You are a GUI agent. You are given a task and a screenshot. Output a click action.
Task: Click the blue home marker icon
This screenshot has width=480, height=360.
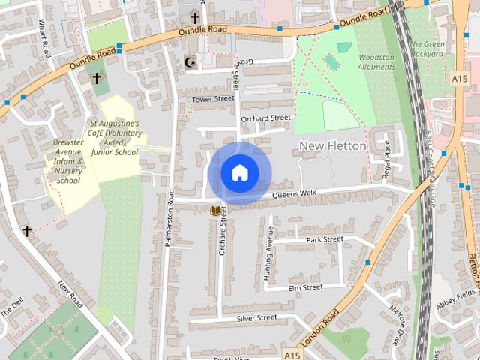pos(239,173)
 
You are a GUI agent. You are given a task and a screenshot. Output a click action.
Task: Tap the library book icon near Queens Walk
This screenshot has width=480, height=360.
pos(217,211)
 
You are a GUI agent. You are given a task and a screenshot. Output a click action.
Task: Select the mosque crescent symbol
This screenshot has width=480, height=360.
pos(188,63)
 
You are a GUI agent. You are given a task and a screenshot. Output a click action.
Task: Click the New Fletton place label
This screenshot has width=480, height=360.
pos(333,145)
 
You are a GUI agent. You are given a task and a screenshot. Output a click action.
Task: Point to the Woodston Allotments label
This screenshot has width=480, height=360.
pos(376,61)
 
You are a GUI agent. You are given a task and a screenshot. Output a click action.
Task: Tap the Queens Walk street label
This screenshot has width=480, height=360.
pos(295,194)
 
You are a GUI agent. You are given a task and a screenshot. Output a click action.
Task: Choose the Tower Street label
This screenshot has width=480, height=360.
pos(213,99)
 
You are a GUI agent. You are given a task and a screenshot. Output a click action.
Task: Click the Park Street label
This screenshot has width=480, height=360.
pos(325,240)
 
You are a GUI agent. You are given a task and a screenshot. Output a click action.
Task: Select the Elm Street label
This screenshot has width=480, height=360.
pos(305,287)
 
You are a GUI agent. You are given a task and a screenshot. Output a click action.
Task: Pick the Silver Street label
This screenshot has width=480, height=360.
pos(256,318)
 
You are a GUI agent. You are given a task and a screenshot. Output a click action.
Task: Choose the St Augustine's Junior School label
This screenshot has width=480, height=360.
pos(114,137)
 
